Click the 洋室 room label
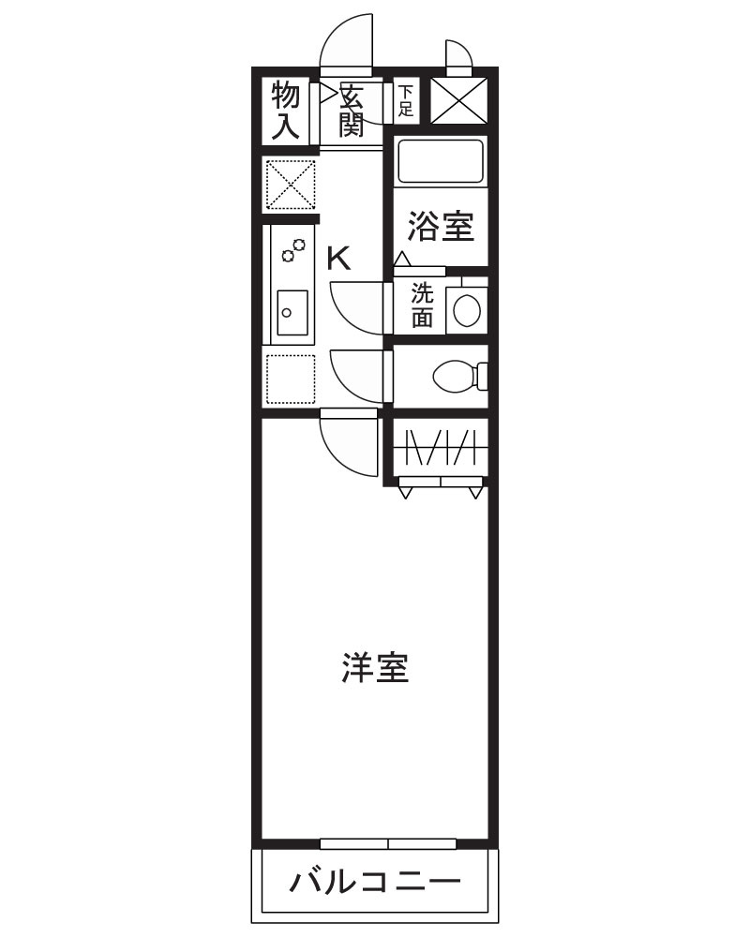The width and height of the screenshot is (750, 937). click(375, 669)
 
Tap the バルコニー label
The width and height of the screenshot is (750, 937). click(375, 882)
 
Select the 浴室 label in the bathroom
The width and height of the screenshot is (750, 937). click(441, 226)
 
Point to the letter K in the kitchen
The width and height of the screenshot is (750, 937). click(338, 258)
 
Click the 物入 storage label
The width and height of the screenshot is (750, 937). click(286, 111)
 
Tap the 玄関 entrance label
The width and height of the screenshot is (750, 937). click(352, 111)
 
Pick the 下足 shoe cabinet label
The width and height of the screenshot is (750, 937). click(405, 100)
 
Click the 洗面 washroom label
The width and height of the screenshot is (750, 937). click(423, 305)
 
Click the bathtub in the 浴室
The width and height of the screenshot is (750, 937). click(440, 160)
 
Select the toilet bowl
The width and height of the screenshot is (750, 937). click(457, 377)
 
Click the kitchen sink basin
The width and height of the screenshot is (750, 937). click(292, 306)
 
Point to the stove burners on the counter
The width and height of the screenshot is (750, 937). click(294, 250)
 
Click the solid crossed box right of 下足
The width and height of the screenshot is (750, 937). click(459, 100)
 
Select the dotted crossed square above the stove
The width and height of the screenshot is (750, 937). click(291, 185)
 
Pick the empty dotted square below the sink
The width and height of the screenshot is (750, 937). click(291, 379)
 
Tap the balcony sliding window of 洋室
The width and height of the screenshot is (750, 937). click(388, 843)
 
